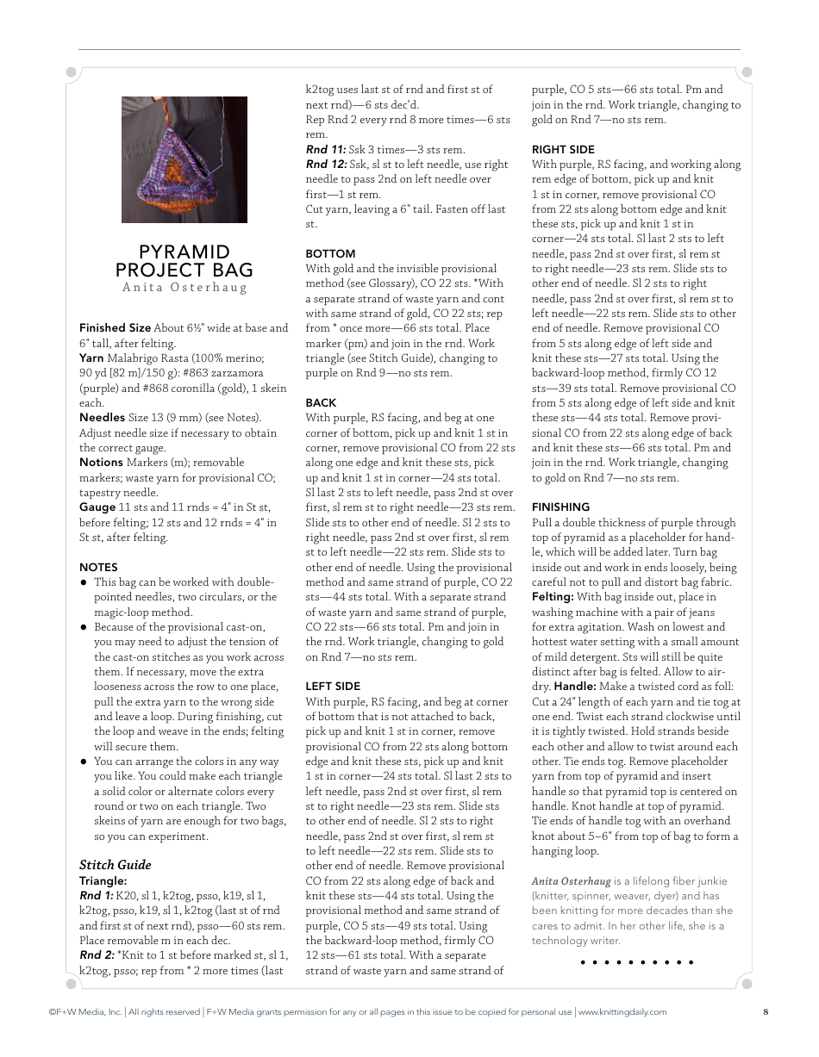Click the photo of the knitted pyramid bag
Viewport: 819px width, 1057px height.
(x=184, y=159)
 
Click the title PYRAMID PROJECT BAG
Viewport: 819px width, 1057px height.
(x=184, y=261)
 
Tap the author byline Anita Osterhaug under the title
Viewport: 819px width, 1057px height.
(x=184, y=288)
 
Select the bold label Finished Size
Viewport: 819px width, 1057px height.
(x=115, y=328)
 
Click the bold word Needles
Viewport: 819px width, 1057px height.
(x=102, y=418)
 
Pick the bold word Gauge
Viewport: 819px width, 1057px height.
(x=97, y=507)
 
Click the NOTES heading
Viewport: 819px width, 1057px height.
(x=98, y=568)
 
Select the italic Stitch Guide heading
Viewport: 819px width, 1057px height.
(x=115, y=865)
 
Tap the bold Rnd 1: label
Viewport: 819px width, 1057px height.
(x=96, y=896)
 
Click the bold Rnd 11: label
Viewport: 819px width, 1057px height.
(x=325, y=150)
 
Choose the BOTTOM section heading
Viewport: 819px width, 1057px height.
(x=330, y=254)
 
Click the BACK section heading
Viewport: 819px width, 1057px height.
(x=321, y=403)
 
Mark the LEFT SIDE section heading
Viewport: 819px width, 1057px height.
(x=333, y=687)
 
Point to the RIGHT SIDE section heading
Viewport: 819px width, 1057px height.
(x=563, y=150)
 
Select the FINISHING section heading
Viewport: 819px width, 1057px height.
(x=560, y=507)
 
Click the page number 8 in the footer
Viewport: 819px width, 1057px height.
(x=766, y=1012)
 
